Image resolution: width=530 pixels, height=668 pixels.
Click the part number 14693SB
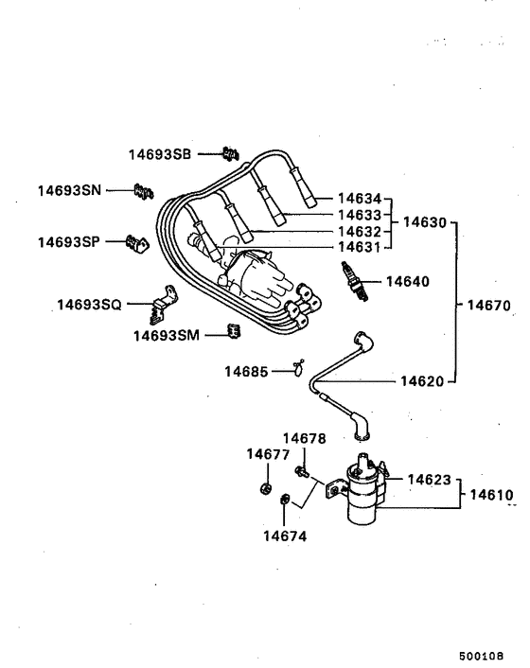pos(160,154)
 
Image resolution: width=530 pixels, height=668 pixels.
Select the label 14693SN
pos(69,190)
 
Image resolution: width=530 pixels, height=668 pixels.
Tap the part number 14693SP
pos(68,242)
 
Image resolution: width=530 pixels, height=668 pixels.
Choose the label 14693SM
pos(166,335)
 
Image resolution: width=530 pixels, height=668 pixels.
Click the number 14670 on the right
pos(489,306)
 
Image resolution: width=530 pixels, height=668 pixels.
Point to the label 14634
pos(361,199)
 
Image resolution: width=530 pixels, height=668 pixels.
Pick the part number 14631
pos(361,247)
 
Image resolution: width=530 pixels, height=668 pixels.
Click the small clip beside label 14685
pos(298,366)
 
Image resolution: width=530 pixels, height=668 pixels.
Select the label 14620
pos(421,381)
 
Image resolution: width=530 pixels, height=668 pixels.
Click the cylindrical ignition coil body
pos(363,495)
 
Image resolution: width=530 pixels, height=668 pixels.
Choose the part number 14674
pos(285,536)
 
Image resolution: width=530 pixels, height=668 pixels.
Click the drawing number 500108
pos(481,654)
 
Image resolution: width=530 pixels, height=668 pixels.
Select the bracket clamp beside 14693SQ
pos(165,301)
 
